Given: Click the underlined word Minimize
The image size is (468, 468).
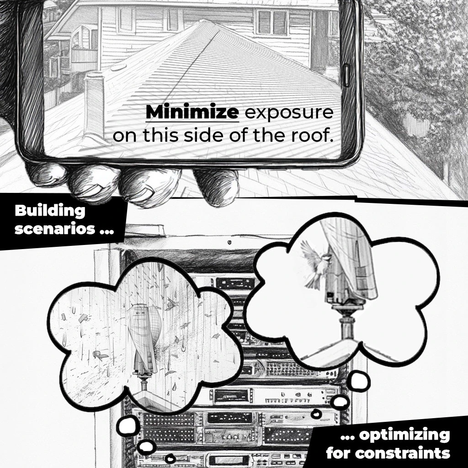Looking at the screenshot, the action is tap(192, 112).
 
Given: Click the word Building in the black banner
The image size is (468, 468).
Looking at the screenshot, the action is tap(50, 211).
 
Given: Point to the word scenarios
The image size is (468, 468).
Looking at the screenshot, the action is tap(55, 229).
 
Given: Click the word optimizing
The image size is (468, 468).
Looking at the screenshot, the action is tap(404, 436).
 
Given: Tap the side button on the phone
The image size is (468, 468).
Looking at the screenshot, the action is tap(347, 75).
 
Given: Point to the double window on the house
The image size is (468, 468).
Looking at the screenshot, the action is tap(272, 23).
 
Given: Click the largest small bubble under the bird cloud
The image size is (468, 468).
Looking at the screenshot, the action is tap(360, 381).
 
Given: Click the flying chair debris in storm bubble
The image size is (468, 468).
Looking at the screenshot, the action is tap(100, 355).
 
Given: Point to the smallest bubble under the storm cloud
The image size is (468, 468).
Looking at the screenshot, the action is tap(170, 458).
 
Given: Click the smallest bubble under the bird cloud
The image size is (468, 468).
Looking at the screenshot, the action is tap(316, 414).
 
